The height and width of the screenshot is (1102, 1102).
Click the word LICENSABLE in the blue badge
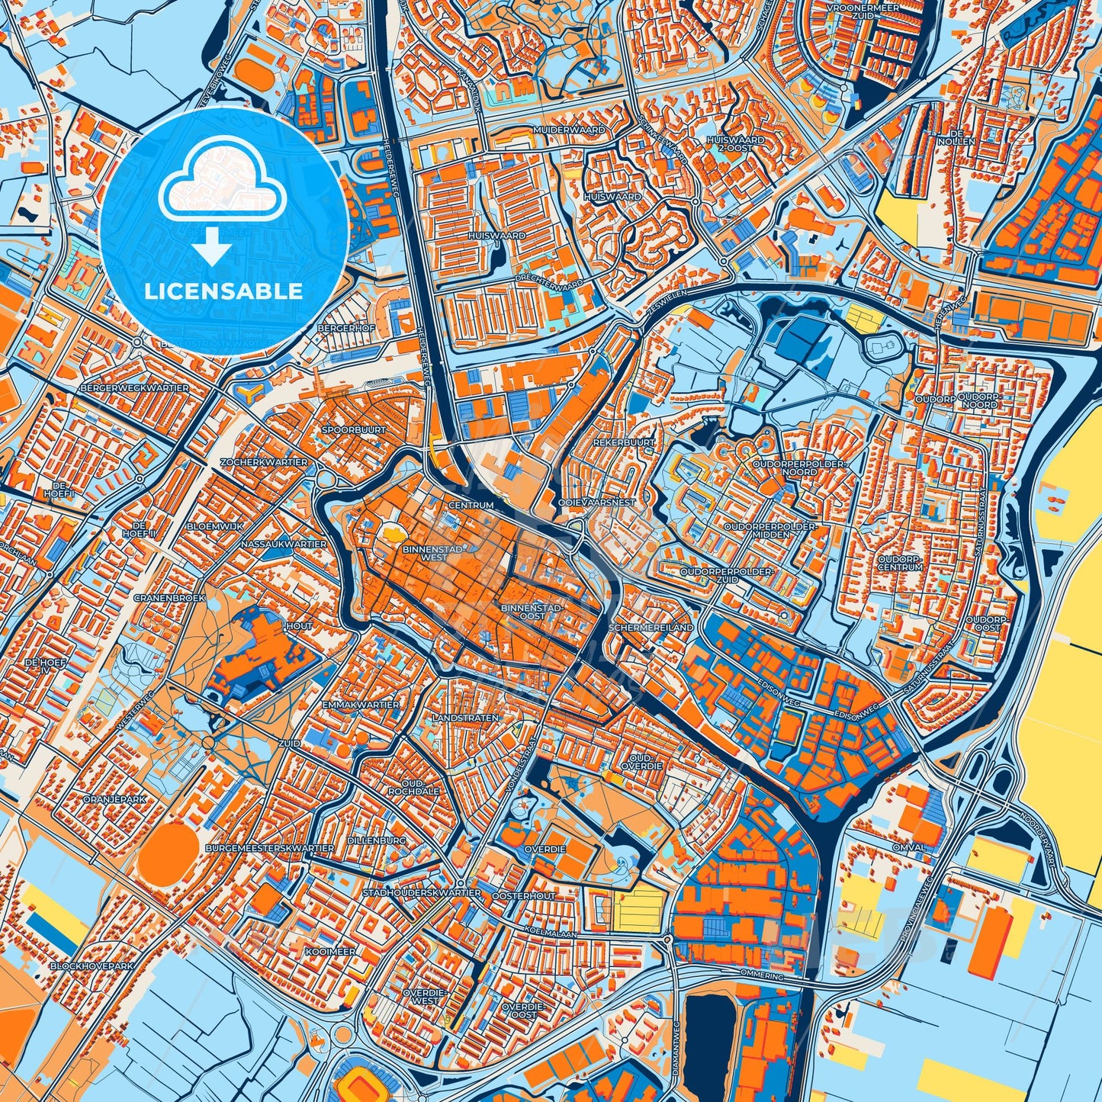click(x=225, y=291)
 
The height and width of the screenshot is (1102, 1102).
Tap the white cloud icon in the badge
click(x=222, y=183)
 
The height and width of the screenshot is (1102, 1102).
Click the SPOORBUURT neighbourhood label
click(x=354, y=430)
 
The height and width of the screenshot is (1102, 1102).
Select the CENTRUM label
click(x=471, y=505)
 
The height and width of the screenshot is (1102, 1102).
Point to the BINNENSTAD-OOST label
click(x=534, y=612)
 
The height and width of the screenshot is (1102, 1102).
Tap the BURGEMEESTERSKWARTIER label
click(x=275, y=848)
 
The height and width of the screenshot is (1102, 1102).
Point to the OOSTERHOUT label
click(x=524, y=896)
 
